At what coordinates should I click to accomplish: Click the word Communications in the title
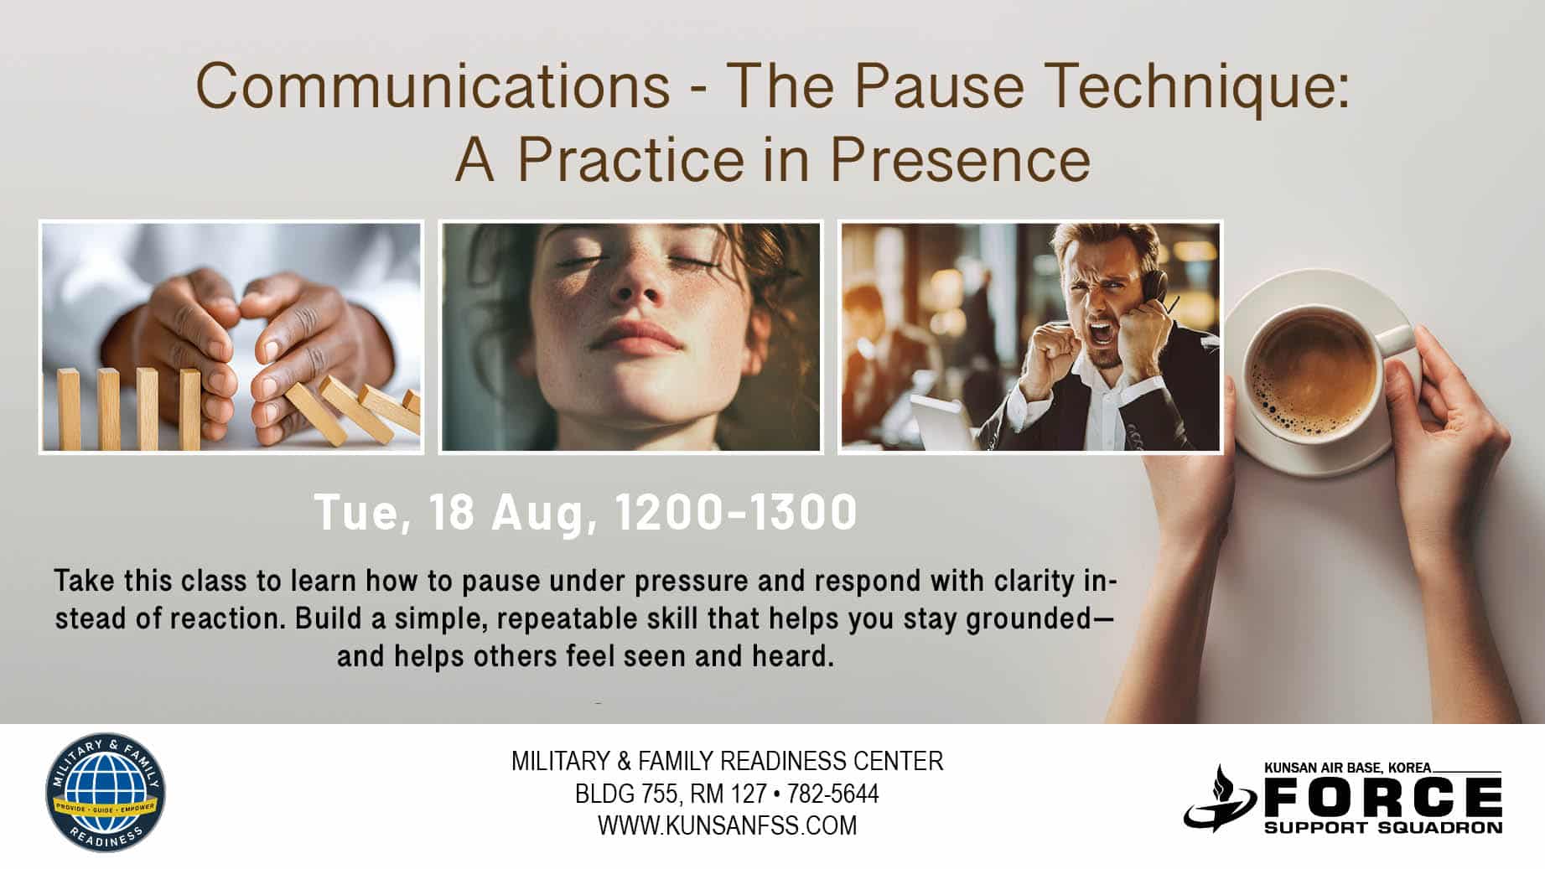[433, 86]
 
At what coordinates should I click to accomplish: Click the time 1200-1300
[736, 512]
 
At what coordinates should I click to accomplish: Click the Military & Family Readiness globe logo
[106, 794]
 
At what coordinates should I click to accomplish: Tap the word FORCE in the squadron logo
[1383, 797]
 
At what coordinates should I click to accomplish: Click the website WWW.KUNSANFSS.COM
[727, 825]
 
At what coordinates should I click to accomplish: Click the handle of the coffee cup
[1396, 339]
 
